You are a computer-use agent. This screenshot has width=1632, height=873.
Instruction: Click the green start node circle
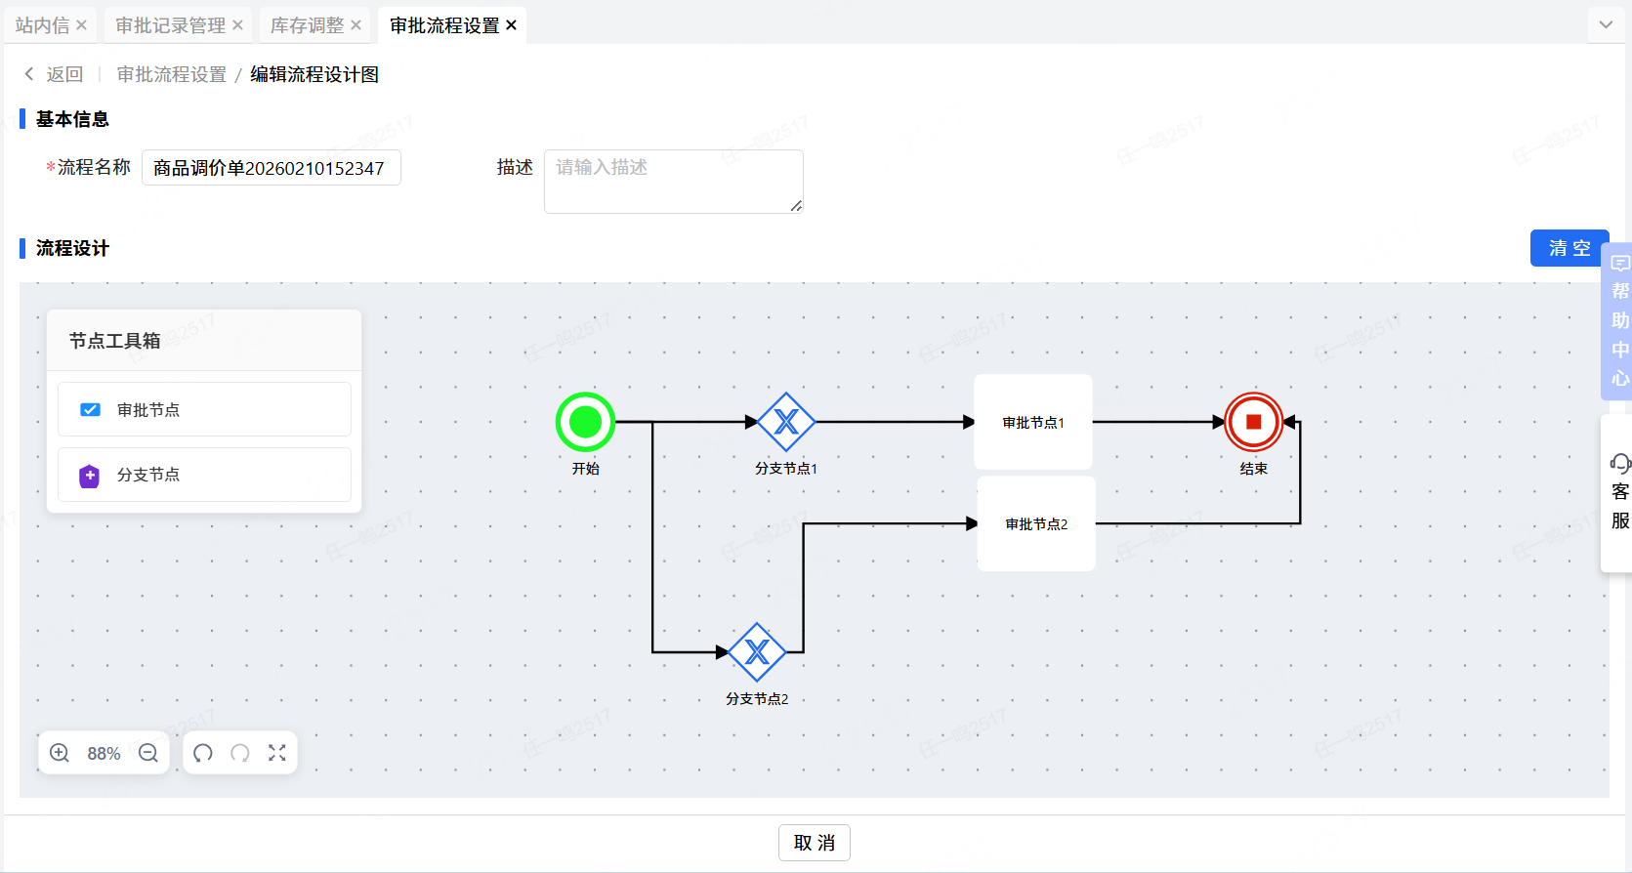(585, 422)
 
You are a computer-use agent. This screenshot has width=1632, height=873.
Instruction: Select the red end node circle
(1253, 422)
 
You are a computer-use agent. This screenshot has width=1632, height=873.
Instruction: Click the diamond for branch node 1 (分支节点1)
(786, 422)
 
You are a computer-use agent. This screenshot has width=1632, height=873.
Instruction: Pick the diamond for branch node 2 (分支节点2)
(757, 652)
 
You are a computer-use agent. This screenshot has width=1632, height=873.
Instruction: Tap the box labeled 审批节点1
(1033, 422)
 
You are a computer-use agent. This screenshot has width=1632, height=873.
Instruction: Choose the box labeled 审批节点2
(1036, 523)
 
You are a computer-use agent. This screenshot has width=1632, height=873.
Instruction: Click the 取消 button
(814, 843)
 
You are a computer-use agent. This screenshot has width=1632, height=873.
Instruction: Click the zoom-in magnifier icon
(60, 753)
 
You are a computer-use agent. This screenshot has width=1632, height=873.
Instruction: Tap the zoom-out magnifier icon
(148, 753)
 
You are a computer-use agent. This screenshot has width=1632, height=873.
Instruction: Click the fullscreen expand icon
(277, 753)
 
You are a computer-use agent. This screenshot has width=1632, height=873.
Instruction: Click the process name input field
(272, 168)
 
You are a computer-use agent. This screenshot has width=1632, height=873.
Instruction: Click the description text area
(673, 181)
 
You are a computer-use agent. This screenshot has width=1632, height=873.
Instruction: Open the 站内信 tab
(42, 25)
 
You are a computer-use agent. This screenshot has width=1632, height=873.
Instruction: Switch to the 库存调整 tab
(307, 25)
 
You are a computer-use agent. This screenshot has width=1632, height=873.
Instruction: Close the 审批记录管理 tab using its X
(237, 25)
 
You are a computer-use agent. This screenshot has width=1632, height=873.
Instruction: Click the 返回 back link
(55, 74)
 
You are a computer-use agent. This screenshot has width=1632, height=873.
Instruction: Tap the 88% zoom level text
(104, 754)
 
